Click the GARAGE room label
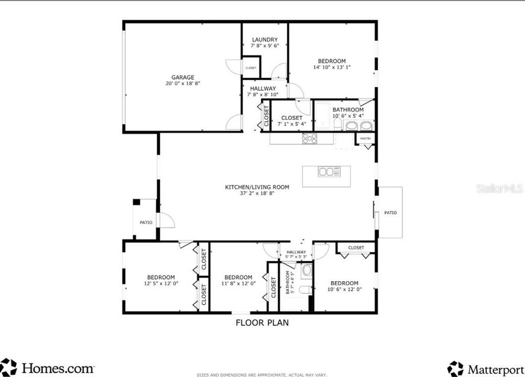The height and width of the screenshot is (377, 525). tap(182, 77)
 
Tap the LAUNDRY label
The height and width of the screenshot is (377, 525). tap(265, 40)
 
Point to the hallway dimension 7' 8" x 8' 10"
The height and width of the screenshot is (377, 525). tap(262, 95)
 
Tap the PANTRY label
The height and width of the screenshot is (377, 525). tap(366, 138)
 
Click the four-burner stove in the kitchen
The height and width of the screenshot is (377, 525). tap(310, 138)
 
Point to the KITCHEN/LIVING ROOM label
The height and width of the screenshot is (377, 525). tap(257, 187)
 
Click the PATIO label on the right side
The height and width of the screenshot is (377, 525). tap(390, 213)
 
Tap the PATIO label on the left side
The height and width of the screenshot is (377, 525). tap(146, 223)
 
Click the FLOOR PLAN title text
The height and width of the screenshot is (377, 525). tap(262, 323)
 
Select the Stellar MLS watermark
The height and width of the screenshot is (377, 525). tap(499, 188)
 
